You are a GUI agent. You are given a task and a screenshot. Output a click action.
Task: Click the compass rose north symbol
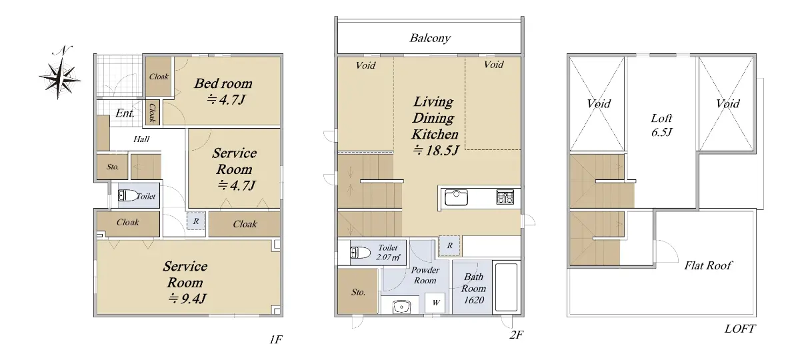pyautogui.click(x=60, y=73)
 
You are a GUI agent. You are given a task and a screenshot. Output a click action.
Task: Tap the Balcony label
pyautogui.click(x=430, y=38)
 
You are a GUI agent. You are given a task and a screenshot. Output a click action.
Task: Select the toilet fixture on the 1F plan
pyautogui.click(x=128, y=195)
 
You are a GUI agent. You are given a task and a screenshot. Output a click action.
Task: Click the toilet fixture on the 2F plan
pyautogui.click(x=360, y=253)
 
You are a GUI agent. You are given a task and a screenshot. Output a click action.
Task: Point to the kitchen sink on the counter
pyautogui.click(x=456, y=197)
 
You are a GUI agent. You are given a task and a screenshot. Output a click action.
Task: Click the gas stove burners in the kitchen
pyautogui.click(x=505, y=197)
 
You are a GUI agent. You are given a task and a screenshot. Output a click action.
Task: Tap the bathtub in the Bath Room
pyautogui.click(x=506, y=287)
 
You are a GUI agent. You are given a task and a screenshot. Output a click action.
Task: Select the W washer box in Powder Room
pyautogui.click(x=435, y=303)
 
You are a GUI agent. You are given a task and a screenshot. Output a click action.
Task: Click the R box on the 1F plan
pyautogui.click(x=196, y=221)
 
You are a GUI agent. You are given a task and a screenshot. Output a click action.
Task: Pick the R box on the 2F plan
pyautogui.click(x=449, y=246)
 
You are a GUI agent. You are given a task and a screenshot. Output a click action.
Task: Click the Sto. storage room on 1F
pyautogui.click(x=113, y=167)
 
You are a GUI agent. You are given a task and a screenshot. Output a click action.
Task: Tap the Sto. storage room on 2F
pyautogui.click(x=358, y=292)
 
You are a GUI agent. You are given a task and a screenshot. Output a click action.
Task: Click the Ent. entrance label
pyautogui.click(x=125, y=113)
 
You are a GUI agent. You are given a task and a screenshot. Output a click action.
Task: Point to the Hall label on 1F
pyautogui.click(x=141, y=139)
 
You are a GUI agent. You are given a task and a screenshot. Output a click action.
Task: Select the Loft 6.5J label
pyautogui.click(x=661, y=125)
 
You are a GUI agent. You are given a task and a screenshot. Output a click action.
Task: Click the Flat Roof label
pyautogui.click(x=708, y=265)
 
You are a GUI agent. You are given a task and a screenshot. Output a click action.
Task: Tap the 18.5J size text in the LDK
pyautogui.click(x=435, y=151)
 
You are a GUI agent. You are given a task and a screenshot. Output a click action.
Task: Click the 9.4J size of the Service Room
pyautogui.click(x=187, y=298)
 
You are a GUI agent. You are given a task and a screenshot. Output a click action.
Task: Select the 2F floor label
pyautogui.click(x=516, y=335)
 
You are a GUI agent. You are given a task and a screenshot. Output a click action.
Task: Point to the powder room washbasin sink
pyautogui.click(x=402, y=307)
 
